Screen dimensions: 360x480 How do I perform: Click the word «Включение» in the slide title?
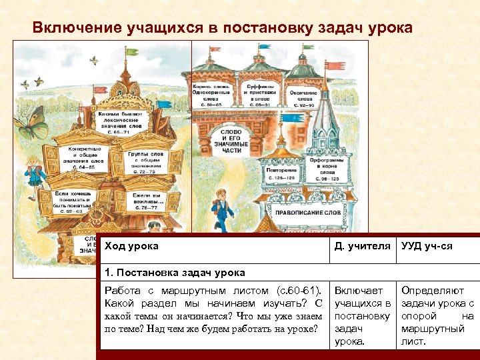pyautogui.click(x=77, y=27)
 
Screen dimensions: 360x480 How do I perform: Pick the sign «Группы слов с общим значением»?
pyautogui.click(x=145, y=162)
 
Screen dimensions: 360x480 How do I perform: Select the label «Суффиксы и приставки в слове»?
pyautogui.click(x=258, y=95)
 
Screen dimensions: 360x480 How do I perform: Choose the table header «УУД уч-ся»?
pyautogui.click(x=427, y=246)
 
